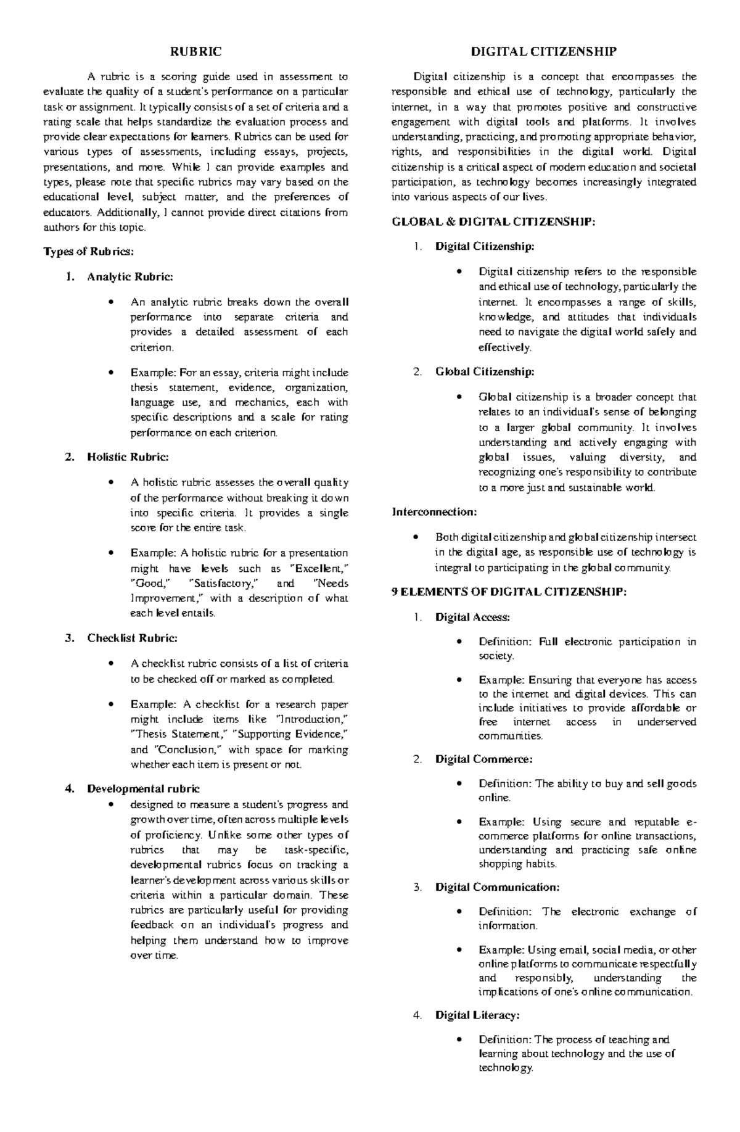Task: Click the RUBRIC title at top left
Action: (195, 52)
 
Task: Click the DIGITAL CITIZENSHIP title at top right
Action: (544, 52)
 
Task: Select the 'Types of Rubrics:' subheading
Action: (88, 252)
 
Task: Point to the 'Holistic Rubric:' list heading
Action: (128, 457)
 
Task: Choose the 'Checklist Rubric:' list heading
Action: (132, 638)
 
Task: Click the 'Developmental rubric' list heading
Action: (144, 788)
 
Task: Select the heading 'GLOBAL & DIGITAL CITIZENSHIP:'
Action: (494, 222)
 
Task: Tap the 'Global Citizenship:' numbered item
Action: (485, 372)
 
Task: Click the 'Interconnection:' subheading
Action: (434, 512)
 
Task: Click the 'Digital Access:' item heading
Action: (472, 617)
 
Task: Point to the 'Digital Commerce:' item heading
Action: (483, 759)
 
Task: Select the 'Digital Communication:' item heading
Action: (497, 887)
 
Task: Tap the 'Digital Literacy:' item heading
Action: (477, 1015)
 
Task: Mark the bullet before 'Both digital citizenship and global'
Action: (417, 537)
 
